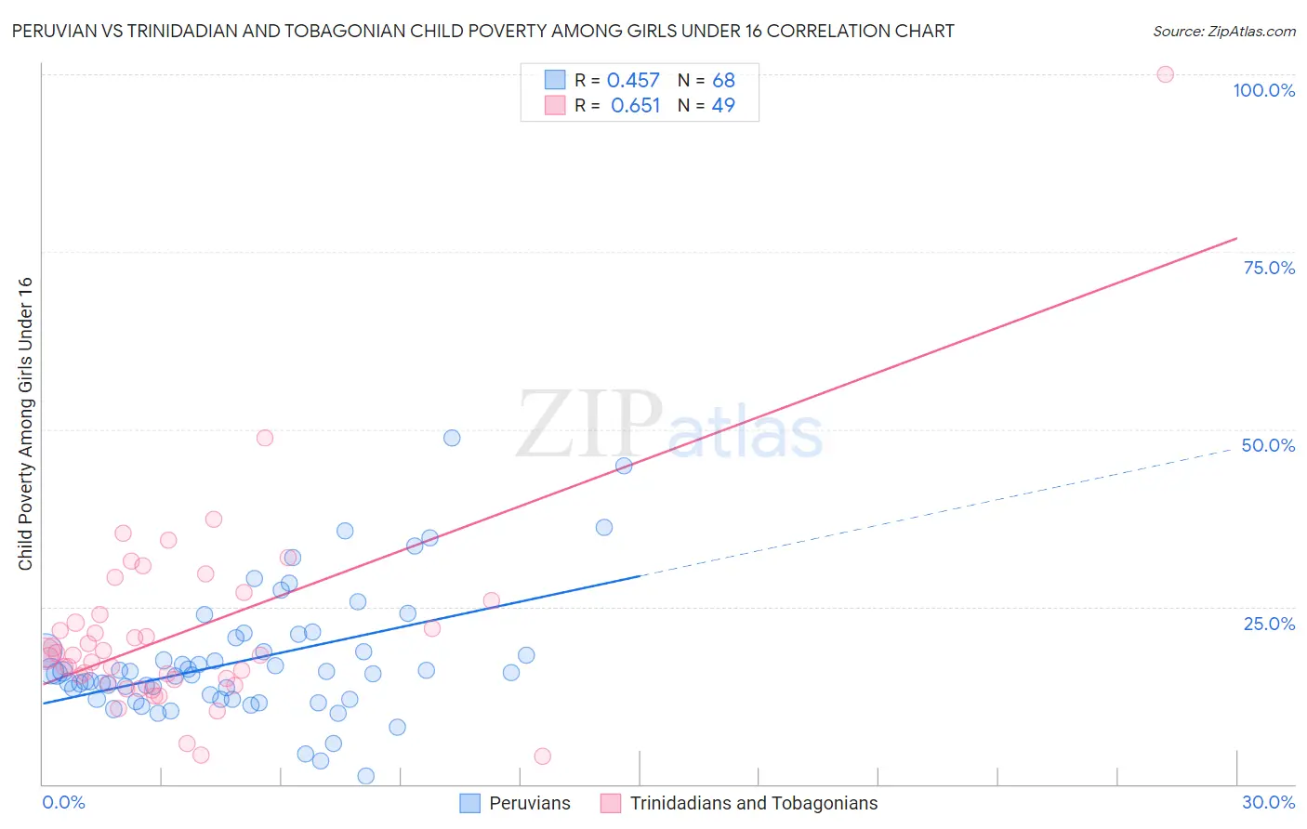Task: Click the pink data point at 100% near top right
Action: point(1165,74)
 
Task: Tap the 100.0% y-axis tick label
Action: point(1263,90)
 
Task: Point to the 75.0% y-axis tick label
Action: point(1269,268)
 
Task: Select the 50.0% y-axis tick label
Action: point(1268,445)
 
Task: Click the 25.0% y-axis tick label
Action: point(1269,623)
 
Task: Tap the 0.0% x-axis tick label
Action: point(63,802)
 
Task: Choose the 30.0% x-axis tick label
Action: point(1268,802)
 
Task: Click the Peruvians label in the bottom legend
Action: point(530,803)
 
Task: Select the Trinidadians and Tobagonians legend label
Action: point(754,803)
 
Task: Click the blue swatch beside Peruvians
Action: point(470,803)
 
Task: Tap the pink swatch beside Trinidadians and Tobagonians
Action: point(611,803)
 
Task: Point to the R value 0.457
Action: point(633,81)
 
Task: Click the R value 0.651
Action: point(635,106)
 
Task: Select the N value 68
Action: point(723,81)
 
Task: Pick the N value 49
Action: point(723,106)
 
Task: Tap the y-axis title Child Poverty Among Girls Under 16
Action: point(25,424)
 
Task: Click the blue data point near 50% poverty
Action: point(452,438)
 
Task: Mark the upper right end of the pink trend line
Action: point(1236,239)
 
